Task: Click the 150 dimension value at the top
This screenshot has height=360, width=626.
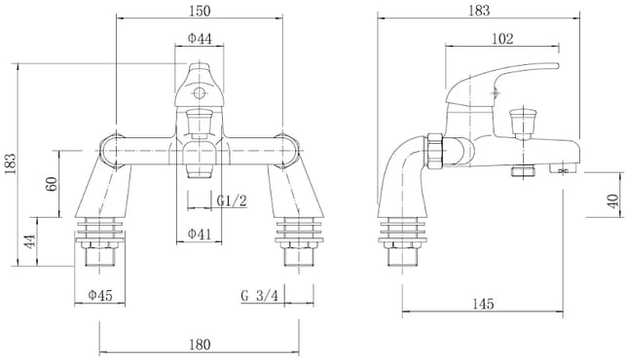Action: (x=200, y=11)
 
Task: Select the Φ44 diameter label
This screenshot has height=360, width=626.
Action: (x=200, y=38)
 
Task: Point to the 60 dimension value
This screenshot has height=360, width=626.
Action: (x=51, y=184)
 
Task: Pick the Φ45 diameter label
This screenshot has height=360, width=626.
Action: (x=100, y=296)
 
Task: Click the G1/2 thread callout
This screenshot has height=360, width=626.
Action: (x=232, y=200)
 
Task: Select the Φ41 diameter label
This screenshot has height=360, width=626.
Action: (x=200, y=234)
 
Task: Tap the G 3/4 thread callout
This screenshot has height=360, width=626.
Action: (x=260, y=296)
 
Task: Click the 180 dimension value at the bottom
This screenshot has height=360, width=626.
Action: (x=200, y=344)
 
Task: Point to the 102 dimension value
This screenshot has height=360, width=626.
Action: (x=502, y=39)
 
